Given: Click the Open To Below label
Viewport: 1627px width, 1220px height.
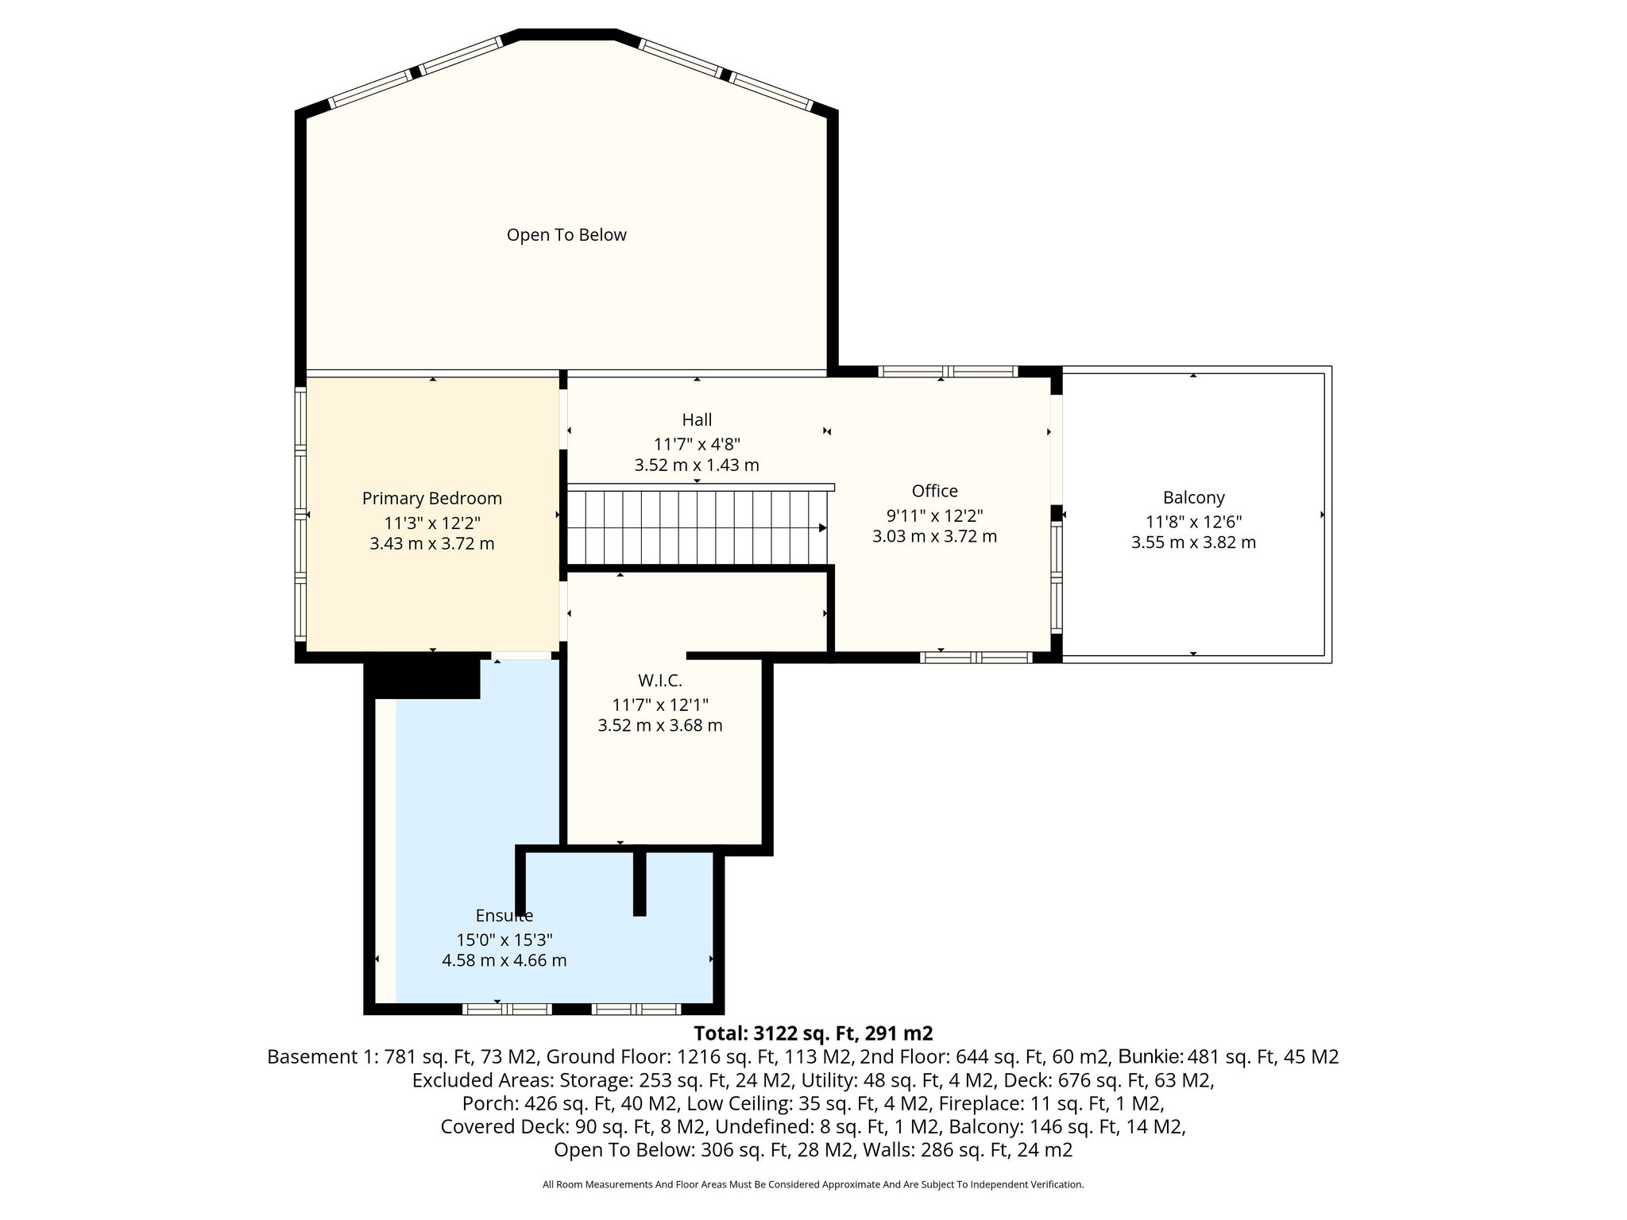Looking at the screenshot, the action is (x=566, y=235).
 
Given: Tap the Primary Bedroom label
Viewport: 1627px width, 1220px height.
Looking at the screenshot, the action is (x=432, y=499).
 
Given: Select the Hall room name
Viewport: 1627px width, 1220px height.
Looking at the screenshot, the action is (x=697, y=419).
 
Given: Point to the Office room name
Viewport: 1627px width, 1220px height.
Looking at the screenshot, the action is (x=934, y=491).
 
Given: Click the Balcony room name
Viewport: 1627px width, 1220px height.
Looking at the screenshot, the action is (x=1193, y=498).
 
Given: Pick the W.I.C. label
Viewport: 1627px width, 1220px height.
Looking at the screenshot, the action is (x=659, y=681).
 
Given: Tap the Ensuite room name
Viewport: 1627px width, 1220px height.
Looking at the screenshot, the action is (x=504, y=916).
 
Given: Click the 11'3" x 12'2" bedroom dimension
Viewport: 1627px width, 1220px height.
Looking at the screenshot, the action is (x=432, y=523).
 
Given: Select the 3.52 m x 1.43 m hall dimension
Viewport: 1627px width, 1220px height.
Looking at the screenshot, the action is (x=697, y=465).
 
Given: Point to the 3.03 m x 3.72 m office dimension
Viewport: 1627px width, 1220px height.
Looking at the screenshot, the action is (x=934, y=537).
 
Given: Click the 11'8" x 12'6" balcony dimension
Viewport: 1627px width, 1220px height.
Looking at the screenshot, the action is (x=1193, y=522).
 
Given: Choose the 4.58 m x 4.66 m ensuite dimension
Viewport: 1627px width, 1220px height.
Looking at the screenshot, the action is (x=504, y=960).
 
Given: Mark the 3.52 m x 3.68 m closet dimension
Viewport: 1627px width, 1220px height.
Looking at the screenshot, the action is (x=659, y=725).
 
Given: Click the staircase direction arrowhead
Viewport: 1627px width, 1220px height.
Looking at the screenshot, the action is (x=823, y=527).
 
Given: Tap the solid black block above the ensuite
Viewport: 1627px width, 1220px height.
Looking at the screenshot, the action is (x=423, y=675).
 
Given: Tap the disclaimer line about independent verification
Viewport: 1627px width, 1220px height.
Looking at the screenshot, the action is (x=813, y=1184).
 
